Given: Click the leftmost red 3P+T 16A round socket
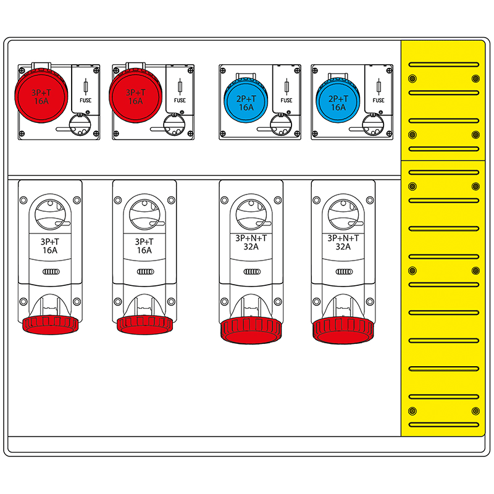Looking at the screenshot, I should click(x=41, y=96).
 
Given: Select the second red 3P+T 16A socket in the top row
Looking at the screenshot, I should click(x=135, y=96).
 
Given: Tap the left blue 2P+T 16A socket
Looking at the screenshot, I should click(x=246, y=101).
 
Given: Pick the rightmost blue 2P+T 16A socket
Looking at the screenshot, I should click(x=338, y=101).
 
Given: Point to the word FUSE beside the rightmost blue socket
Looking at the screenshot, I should click(x=379, y=100).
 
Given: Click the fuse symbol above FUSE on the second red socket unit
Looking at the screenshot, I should click(x=180, y=86).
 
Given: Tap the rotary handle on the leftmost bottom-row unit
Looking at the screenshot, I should click(x=51, y=216).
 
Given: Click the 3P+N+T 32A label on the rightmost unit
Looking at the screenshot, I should click(x=343, y=241).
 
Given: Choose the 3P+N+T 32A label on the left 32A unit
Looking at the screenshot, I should click(x=251, y=241).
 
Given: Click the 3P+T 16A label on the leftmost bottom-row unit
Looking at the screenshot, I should click(x=51, y=246).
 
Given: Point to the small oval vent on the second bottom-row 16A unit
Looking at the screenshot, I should click(x=144, y=272).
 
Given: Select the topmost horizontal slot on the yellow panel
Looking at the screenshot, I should click(x=443, y=64).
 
